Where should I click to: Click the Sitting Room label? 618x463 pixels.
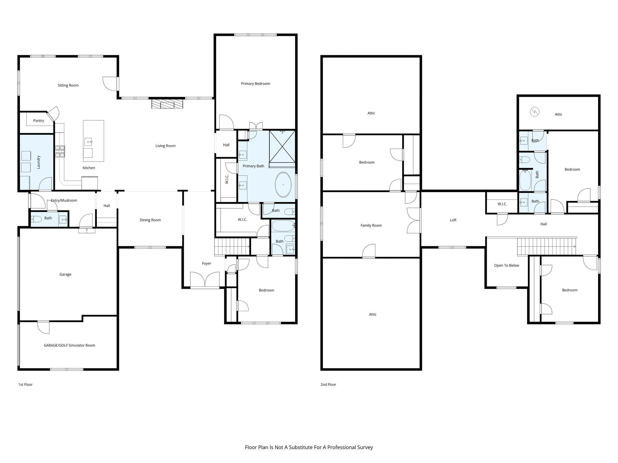[x=68, y=85]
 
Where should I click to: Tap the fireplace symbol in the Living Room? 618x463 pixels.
[x=167, y=104]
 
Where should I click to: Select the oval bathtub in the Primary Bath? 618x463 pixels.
[x=283, y=184]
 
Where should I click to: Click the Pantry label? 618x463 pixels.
[x=39, y=121]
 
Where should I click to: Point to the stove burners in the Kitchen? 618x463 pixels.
[x=60, y=151]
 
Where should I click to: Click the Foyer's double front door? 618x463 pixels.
[x=205, y=280]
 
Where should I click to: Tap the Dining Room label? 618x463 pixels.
[x=150, y=220]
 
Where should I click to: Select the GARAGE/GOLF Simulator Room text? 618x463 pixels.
[x=69, y=345]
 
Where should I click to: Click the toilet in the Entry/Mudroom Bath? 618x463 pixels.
[x=34, y=219]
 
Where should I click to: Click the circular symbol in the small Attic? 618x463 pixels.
[x=534, y=112]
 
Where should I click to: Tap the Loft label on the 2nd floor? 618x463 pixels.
[x=453, y=220]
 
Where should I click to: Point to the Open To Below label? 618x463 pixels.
[x=506, y=266]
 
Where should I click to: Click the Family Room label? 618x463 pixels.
[x=371, y=225]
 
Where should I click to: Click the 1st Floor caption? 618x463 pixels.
[x=25, y=385]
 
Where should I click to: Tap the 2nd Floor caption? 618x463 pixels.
[x=328, y=385]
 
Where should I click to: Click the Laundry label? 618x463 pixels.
[x=38, y=162]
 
